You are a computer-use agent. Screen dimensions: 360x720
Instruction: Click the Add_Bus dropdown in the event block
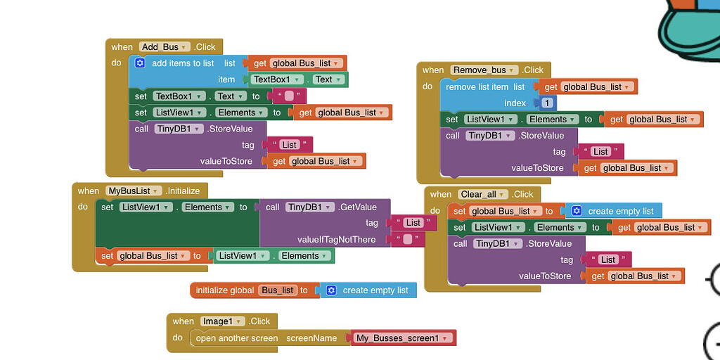click(165, 47)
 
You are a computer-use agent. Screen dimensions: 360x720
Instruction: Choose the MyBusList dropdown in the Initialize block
click(134, 191)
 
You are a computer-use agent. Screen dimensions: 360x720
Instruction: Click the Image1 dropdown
click(222, 321)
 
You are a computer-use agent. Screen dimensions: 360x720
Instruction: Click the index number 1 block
click(547, 103)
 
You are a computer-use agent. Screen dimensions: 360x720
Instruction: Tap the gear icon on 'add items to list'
click(140, 63)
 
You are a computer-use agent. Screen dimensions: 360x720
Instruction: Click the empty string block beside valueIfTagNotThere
click(408, 240)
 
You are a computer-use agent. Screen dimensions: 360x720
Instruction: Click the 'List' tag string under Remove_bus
click(600, 152)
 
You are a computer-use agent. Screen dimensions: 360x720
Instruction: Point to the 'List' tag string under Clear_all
click(607, 259)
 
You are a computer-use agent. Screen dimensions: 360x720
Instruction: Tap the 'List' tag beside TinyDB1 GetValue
click(413, 223)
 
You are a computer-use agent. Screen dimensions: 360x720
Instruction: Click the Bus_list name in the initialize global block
click(277, 290)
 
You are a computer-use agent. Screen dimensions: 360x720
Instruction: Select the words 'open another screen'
click(237, 338)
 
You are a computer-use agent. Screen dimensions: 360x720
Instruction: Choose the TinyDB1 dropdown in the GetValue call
click(309, 207)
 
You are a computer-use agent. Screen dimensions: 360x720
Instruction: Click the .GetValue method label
click(358, 207)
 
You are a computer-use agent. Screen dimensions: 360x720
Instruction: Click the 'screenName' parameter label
click(311, 338)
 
